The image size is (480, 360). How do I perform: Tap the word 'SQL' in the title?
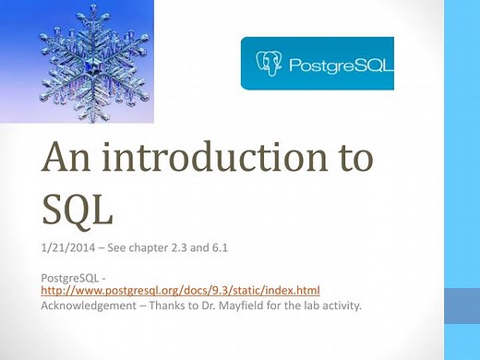[78, 209]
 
